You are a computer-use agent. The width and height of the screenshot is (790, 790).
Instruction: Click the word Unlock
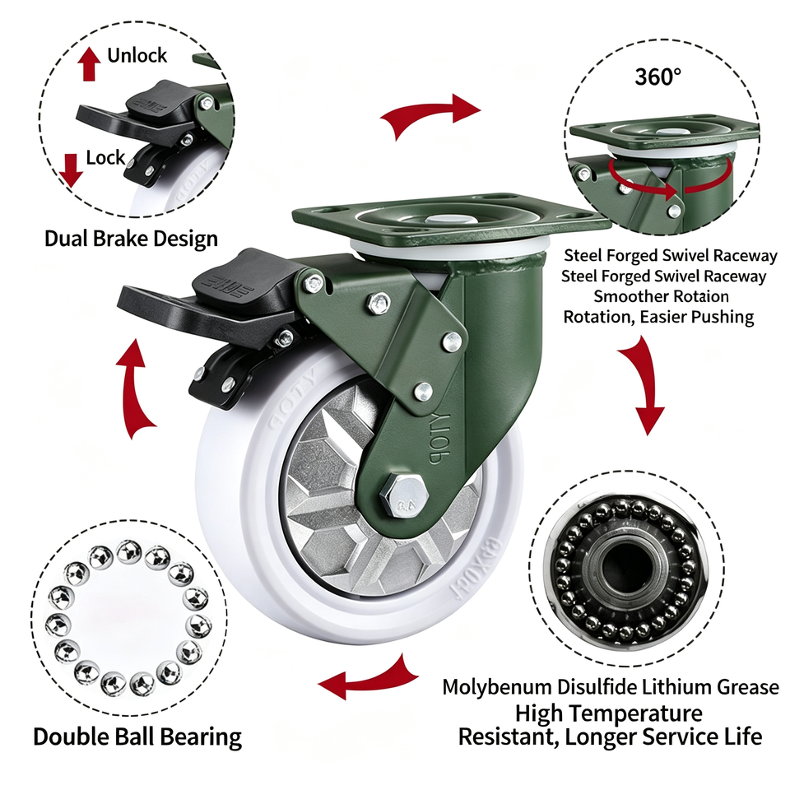(x=137, y=55)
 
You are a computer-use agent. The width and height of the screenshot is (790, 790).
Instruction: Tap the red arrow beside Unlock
(x=89, y=64)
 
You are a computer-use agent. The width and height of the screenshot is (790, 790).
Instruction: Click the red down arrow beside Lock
(x=71, y=170)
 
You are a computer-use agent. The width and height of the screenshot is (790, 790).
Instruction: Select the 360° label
(x=658, y=77)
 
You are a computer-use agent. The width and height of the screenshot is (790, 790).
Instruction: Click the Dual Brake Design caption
(x=131, y=239)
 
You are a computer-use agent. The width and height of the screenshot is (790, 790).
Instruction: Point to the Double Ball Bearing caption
(x=137, y=737)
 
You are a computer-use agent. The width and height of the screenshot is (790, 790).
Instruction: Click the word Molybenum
(x=497, y=688)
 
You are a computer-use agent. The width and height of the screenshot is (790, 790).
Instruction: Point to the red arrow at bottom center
(x=369, y=677)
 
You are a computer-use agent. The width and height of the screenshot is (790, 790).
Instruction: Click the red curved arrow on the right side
(x=642, y=383)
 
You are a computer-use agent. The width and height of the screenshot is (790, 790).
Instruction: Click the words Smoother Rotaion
(x=661, y=296)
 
